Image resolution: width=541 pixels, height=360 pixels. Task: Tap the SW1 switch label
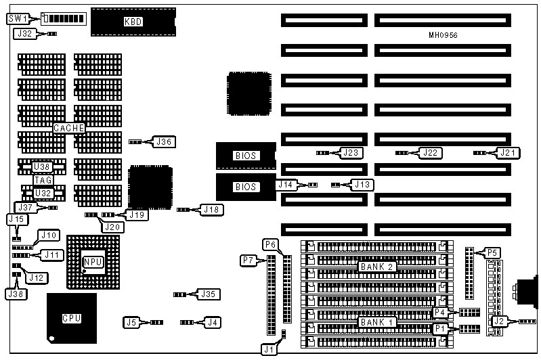pos(18,18)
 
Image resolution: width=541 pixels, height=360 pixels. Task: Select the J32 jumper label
pos(24,32)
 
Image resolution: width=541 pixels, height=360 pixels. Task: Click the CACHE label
pos(69,128)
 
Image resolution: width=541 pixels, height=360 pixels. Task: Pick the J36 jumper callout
pos(165,142)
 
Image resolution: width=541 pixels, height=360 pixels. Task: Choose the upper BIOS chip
pos(246,156)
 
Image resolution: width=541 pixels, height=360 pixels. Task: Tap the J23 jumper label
pos(351,153)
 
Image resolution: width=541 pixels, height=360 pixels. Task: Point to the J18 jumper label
pos(211,210)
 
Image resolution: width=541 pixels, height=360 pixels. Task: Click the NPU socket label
pos(92,262)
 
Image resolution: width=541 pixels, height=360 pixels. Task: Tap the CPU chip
pos(71,317)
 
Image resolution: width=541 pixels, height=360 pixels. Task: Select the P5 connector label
pos(494,253)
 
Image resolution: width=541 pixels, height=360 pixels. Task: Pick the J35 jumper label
pos(207,294)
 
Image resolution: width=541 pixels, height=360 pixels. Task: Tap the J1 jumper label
pos(270,348)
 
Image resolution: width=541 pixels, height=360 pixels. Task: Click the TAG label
pos(43,180)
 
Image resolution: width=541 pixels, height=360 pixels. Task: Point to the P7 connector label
pos(248,259)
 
